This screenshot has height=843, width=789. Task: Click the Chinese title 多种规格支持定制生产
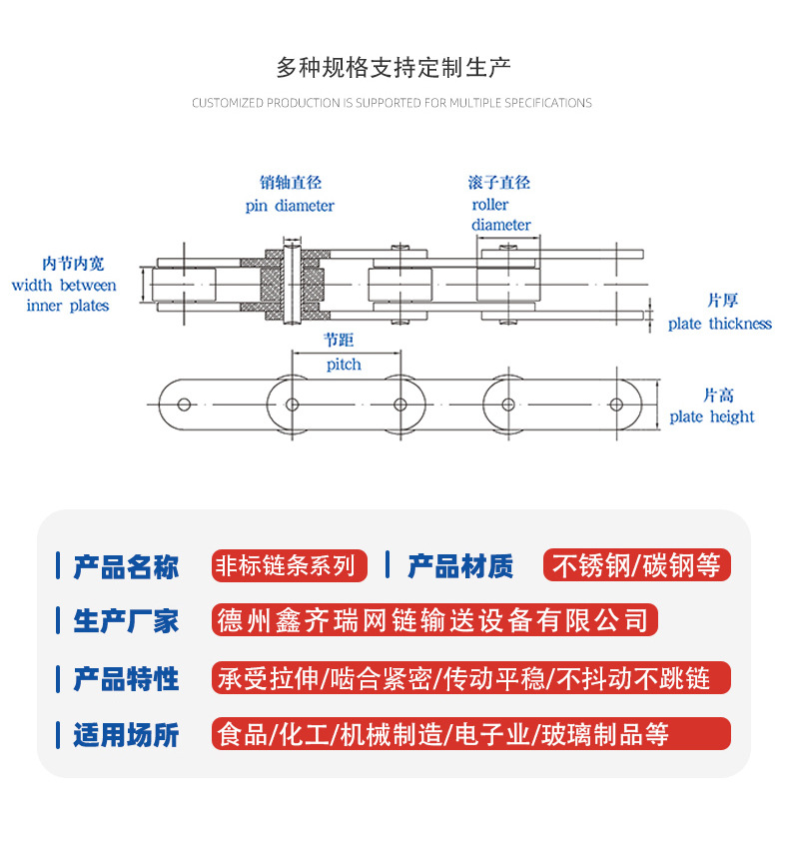pos(394,68)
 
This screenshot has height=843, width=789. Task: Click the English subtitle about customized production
pos(392,103)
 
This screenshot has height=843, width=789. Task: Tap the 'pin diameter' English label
pos(290,206)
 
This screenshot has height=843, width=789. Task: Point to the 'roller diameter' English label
pos(499,215)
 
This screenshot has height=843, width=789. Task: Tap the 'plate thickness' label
pos(720,324)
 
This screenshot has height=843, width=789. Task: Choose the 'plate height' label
pos(712,417)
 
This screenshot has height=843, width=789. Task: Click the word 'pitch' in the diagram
pos(344,365)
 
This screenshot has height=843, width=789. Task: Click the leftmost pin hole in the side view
pos(184,405)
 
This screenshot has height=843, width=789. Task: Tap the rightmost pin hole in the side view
pos(617,405)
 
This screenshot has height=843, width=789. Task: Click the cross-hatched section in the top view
pos(271,286)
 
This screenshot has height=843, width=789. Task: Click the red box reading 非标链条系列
pos(290,566)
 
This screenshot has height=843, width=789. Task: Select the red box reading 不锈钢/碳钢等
pos(636,565)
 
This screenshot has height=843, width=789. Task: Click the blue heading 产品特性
pos(126,679)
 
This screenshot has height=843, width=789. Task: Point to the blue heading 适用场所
pos(126,736)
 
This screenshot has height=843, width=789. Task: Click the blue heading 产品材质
pos(460,566)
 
